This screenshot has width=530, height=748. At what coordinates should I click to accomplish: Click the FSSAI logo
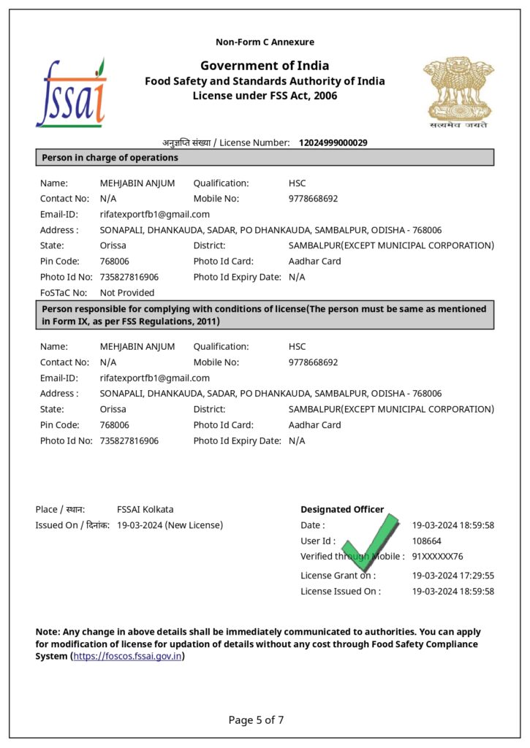click(72, 93)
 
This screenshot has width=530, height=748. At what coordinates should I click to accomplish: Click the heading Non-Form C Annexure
click(265, 42)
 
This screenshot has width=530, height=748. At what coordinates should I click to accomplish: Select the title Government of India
click(265, 66)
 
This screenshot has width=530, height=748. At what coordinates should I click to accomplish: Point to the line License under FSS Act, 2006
click(265, 96)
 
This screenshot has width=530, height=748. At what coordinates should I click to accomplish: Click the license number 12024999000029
click(333, 142)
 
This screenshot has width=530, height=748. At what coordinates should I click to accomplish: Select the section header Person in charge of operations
click(110, 157)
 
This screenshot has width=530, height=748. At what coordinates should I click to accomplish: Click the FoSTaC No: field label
click(64, 293)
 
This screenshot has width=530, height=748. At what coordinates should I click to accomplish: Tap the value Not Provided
click(127, 293)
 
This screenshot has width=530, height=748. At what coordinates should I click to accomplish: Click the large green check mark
click(371, 546)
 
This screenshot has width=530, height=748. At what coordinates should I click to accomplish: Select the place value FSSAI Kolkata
click(145, 509)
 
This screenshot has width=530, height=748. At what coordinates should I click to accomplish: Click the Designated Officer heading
click(342, 509)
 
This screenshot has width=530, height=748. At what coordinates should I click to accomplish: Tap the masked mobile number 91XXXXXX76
click(437, 557)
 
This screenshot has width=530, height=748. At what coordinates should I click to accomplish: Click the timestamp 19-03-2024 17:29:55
click(453, 576)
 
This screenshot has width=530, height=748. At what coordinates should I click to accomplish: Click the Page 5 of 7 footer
click(256, 720)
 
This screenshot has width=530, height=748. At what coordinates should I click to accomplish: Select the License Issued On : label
click(341, 592)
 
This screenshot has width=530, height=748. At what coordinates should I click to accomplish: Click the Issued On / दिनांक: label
click(72, 525)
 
